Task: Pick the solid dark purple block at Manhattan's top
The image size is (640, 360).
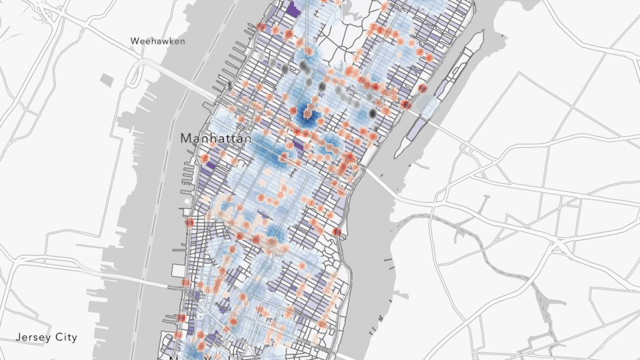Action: [x=293, y=8]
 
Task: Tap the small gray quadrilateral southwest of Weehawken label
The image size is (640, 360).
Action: [x=108, y=80]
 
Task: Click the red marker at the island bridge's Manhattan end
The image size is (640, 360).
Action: [x=407, y=104]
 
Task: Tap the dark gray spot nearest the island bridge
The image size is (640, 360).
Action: [x=373, y=113]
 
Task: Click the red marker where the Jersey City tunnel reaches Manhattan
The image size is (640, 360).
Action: [x=186, y=283]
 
